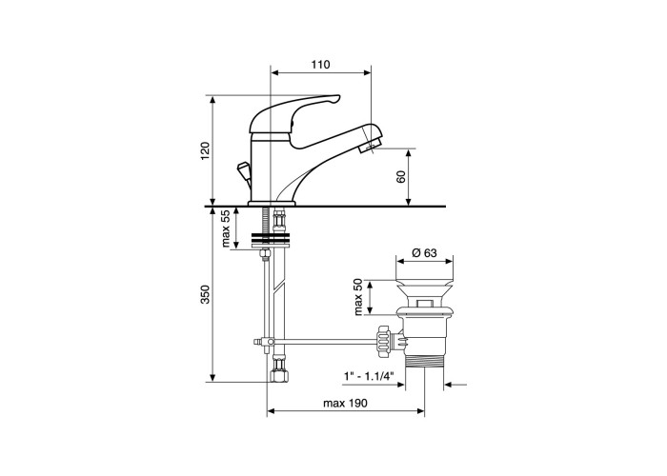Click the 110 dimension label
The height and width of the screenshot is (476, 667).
tap(320, 65)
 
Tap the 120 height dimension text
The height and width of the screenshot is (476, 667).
tap(206, 150)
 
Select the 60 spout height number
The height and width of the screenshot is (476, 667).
tap(401, 177)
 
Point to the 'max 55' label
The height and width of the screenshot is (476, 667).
tap(226, 228)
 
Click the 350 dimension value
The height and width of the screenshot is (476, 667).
tap(206, 294)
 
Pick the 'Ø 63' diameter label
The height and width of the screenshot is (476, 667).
tap(424, 253)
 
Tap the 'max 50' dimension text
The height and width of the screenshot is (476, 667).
tap(358, 297)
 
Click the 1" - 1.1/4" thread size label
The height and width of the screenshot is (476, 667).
tap(369, 376)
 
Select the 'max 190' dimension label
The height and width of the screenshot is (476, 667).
tap(345, 403)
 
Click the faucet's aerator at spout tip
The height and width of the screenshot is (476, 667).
tap(369, 148)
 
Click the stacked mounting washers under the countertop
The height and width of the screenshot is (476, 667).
tap(271, 240)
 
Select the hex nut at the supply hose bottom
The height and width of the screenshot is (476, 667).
tap(278, 375)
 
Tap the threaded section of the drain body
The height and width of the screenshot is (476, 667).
tap(425, 362)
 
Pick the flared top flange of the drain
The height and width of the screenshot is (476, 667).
tap(424, 282)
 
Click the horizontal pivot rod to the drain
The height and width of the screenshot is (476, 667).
tap(324, 341)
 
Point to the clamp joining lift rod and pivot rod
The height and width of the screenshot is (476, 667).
tap(266, 342)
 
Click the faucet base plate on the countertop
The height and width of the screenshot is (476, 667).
tap(272, 203)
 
